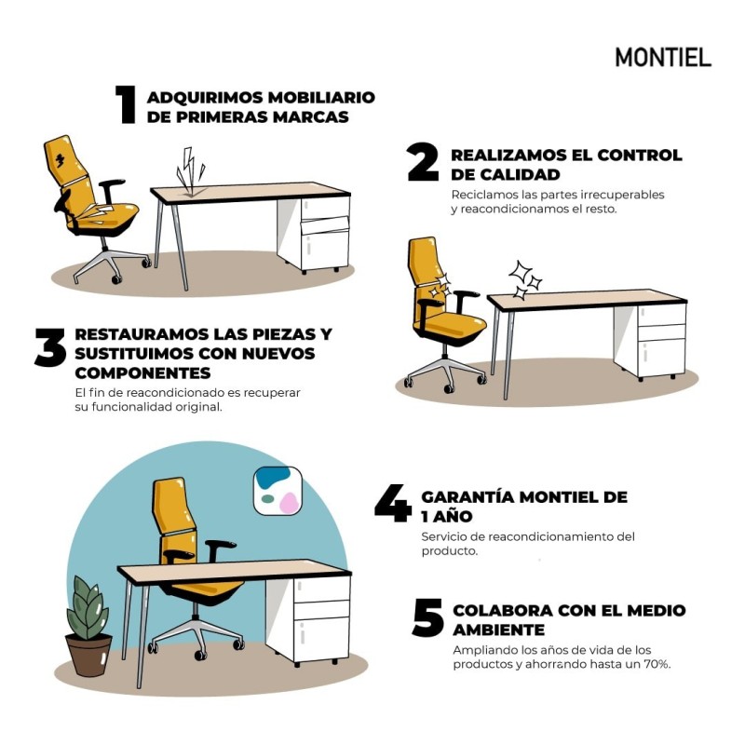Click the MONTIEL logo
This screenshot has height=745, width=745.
[662, 57]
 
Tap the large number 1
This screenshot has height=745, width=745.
[127, 105]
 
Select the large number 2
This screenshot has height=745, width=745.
[423, 163]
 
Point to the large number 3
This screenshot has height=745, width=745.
[49, 348]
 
